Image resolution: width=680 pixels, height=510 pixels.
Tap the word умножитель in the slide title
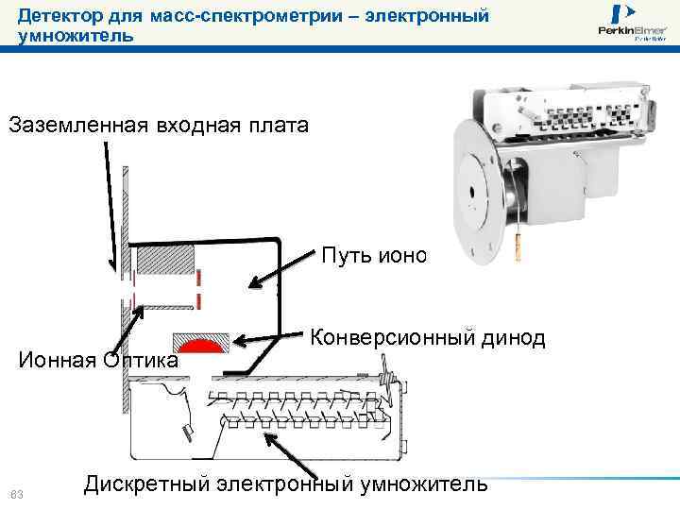tap(75, 36)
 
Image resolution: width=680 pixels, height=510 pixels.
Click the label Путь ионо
tap(374, 256)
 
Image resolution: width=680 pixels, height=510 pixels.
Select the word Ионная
tap(58, 360)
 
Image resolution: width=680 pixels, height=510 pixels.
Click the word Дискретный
tap(145, 484)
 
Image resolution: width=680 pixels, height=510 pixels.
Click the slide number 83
tap(15, 494)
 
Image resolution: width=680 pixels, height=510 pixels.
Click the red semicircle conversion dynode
tap(199, 344)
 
